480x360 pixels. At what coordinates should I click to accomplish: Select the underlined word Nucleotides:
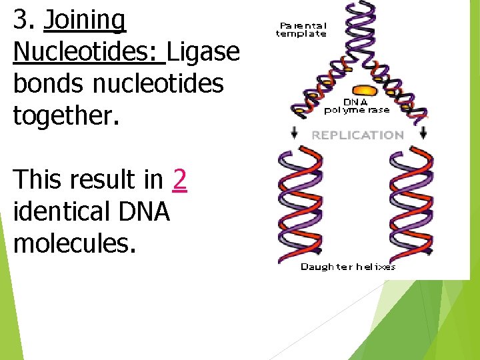(89, 52)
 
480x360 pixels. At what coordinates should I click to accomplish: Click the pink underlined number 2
(179, 180)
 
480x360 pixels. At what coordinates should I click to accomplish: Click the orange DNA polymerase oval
(364, 90)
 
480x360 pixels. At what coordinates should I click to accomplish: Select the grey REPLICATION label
(357, 135)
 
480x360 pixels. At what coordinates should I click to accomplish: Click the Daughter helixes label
(348, 267)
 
